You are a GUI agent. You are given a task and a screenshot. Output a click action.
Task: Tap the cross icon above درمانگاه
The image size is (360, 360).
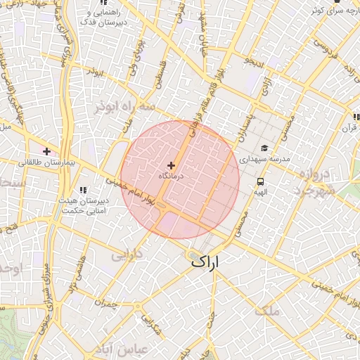pyautogui.click(x=171, y=165)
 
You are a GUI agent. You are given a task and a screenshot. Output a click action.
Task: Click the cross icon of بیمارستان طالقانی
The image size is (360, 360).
pyautogui.click(x=47, y=151)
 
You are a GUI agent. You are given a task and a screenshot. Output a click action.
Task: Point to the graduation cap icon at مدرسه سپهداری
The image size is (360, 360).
pyautogui.click(x=264, y=148)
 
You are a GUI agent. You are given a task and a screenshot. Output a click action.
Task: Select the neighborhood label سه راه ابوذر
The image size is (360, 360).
pyautogui.click(x=126, y=107)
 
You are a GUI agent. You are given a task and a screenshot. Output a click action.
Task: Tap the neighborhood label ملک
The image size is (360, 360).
pyautogui.click(x=269, y=310)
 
